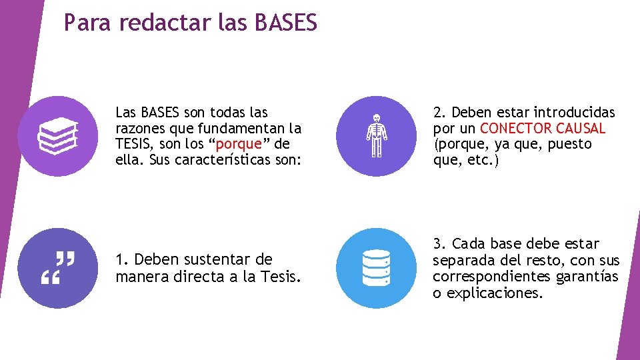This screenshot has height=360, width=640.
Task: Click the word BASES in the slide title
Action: (286, 23)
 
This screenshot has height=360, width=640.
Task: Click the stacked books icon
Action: (58, 135)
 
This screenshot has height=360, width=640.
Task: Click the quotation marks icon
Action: (58, 268)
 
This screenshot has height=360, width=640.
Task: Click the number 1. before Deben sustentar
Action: (122, 259)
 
